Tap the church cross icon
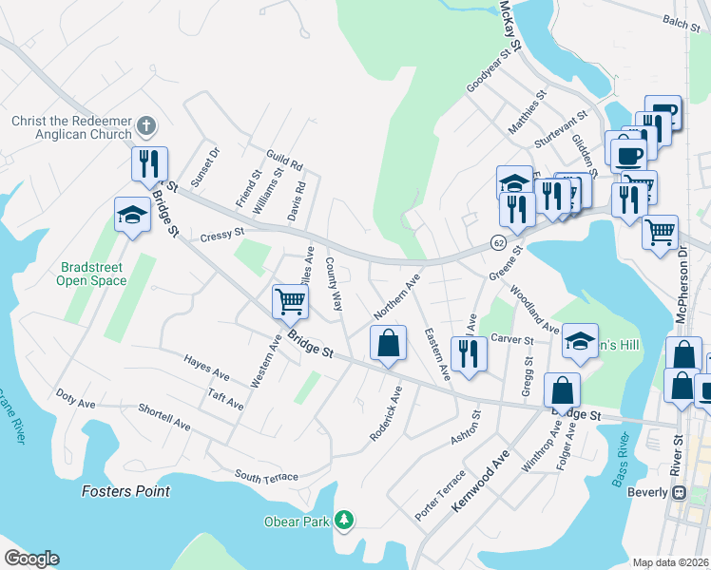click(x=145, y=125)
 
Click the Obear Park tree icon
click(x=344, y=520)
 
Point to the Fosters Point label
click(x=125, y=491)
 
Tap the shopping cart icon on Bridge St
click(x=289, y=303)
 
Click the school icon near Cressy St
click(x=132, y=216)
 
